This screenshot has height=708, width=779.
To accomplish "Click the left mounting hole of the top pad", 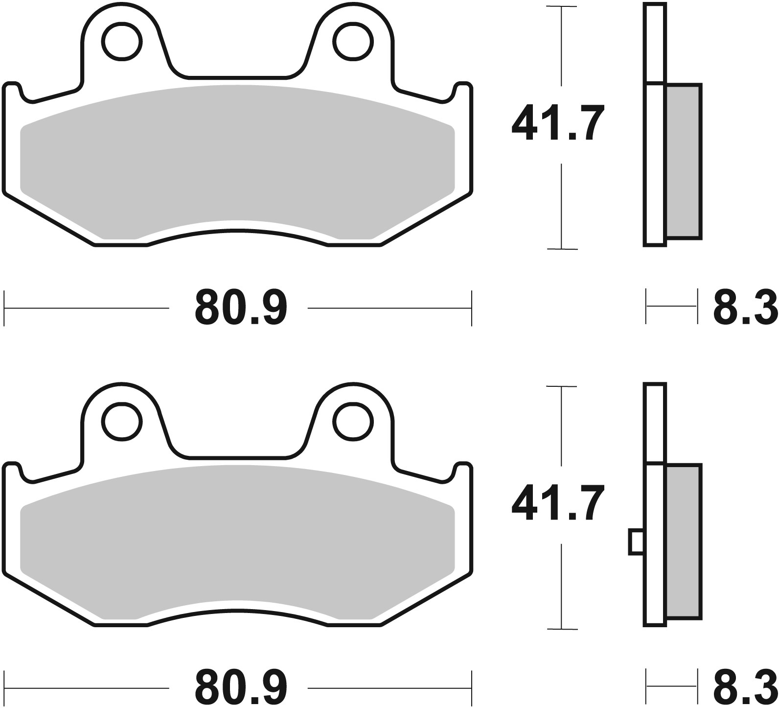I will coord(121,41).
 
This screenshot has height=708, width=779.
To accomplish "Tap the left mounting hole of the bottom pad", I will coord(121,421).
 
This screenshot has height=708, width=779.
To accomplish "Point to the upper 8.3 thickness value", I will coord(745,307).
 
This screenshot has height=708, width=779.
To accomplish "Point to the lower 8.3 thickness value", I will coord(745,687).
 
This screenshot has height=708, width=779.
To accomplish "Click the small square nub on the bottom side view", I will coord(636,542).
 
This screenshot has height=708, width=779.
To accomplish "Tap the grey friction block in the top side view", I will coord(684,162).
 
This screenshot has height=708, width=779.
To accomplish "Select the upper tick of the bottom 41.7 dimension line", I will coord(561,387).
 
